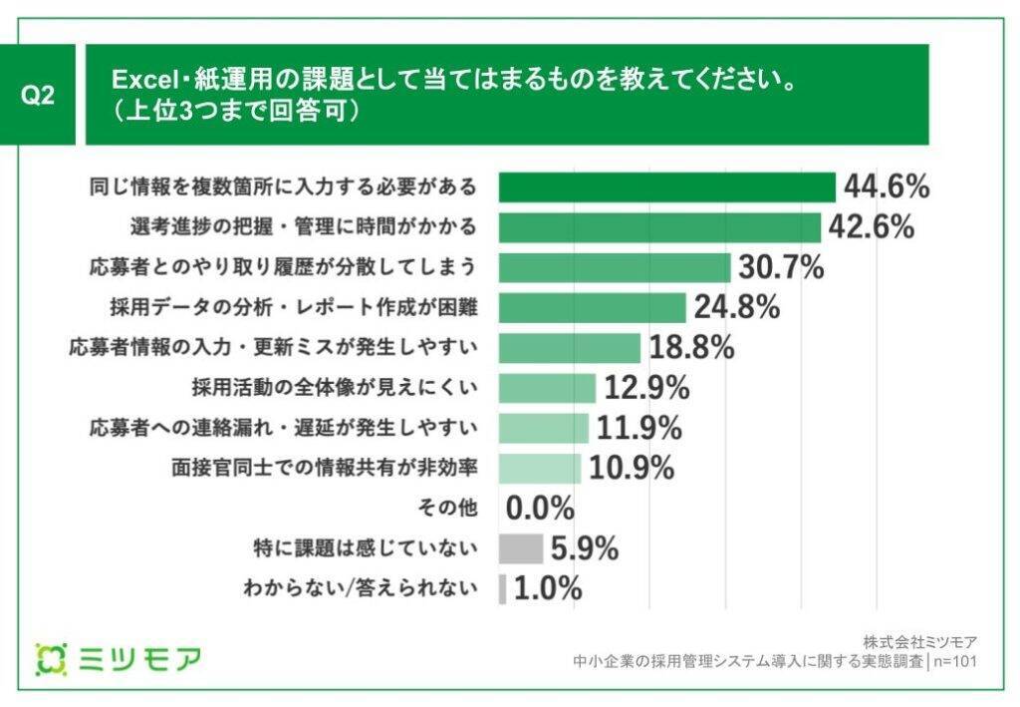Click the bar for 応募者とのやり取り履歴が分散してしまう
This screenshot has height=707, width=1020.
click(x=614, y=267)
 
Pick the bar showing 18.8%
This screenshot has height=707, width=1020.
click(x=569, y=348)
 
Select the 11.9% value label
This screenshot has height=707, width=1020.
click(x=638, y=428)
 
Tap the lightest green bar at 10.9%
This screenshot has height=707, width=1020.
click(x=539, y=469)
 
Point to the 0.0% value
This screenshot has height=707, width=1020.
click(x=540, y=509)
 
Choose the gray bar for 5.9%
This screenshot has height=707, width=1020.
click(x=520, y=548)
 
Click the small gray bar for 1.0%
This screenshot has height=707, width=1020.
click(x=502, y=588)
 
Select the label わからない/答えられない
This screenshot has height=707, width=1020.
click(x=360, y=588)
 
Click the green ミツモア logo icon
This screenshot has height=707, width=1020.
click(x=50, y=658)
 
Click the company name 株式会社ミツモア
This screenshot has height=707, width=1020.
click(x=920, y=641)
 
